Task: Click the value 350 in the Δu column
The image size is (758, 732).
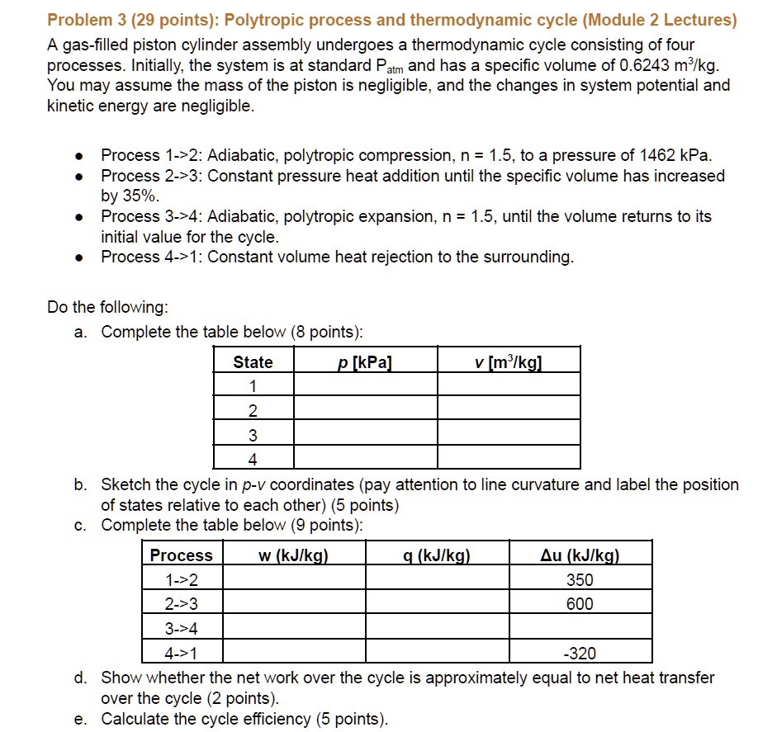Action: click(580, 580)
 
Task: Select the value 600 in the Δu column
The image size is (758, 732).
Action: click(580, 605)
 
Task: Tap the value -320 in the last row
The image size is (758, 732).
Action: click(580, 654)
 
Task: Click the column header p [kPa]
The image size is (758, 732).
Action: click(365, 361)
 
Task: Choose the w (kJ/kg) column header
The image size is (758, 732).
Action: click(294, 555)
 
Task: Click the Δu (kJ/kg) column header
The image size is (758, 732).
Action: click(580, 555)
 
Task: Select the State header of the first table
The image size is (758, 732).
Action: click(253, 362)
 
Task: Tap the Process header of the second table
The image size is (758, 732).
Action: click(182, 555)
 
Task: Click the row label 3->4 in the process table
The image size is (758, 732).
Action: click(182, 630)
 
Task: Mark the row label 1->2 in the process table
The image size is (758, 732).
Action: click(182, 580)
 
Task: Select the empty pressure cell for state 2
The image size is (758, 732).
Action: click(365, 411)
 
